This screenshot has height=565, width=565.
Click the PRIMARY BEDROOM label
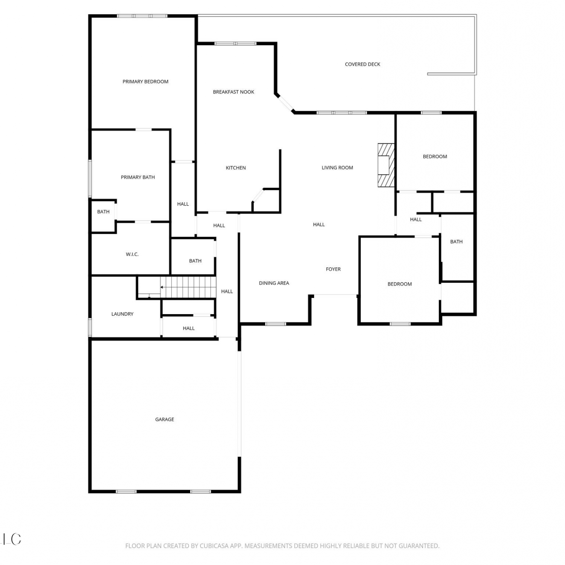[x=145, y=81]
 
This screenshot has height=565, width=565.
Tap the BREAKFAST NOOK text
[x=234, y=92]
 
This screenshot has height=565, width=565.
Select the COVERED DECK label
[x=363, y=64]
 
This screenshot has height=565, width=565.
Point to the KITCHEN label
[x=236, y=168]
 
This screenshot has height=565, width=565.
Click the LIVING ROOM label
[x=337, y=168]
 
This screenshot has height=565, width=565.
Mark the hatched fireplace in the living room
[x=386, y=165]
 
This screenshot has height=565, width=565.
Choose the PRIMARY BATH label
[x=138, y=177]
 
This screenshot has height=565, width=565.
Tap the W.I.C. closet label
[x=132, y=255]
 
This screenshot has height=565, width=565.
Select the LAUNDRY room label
[x=122, y=314]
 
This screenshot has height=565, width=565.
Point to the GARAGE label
[x=165, y=420]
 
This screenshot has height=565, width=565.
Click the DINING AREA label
[x=274, y=283]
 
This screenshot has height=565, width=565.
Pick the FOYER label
[x=333, y=269]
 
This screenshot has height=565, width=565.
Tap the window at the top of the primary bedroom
[x=142, y=16]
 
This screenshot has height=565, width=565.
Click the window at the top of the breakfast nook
[x=235, y=43]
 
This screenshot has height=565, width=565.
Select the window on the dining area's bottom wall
[x=276, y=324]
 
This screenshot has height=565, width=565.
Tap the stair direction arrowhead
[x=162, y=287]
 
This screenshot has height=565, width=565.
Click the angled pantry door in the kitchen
[x=258, y=195]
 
